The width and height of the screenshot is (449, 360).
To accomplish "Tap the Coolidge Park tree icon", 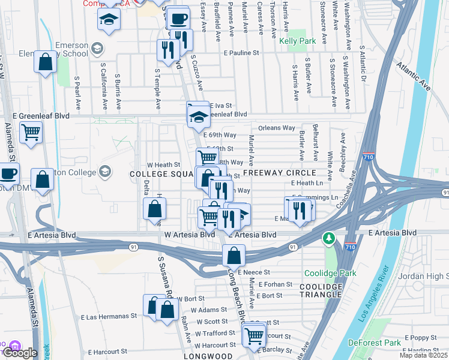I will [x=329, y=239].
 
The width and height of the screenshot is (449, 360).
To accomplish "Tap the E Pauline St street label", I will [x=238, y=53].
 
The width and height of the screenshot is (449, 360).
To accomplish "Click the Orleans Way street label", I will [x=277, y=128].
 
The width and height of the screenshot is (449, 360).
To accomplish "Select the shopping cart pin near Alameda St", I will [x=31, y=132].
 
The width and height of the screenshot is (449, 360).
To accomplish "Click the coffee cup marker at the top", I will [x=177, y=19].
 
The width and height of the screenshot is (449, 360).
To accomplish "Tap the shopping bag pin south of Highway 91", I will [x=234, y=256].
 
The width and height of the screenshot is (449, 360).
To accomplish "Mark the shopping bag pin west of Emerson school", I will [x=46, y=62].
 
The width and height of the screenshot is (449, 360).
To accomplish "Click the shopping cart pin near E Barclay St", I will [x=254, y=335].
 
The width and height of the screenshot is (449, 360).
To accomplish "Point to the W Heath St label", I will [x=164, y=164].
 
